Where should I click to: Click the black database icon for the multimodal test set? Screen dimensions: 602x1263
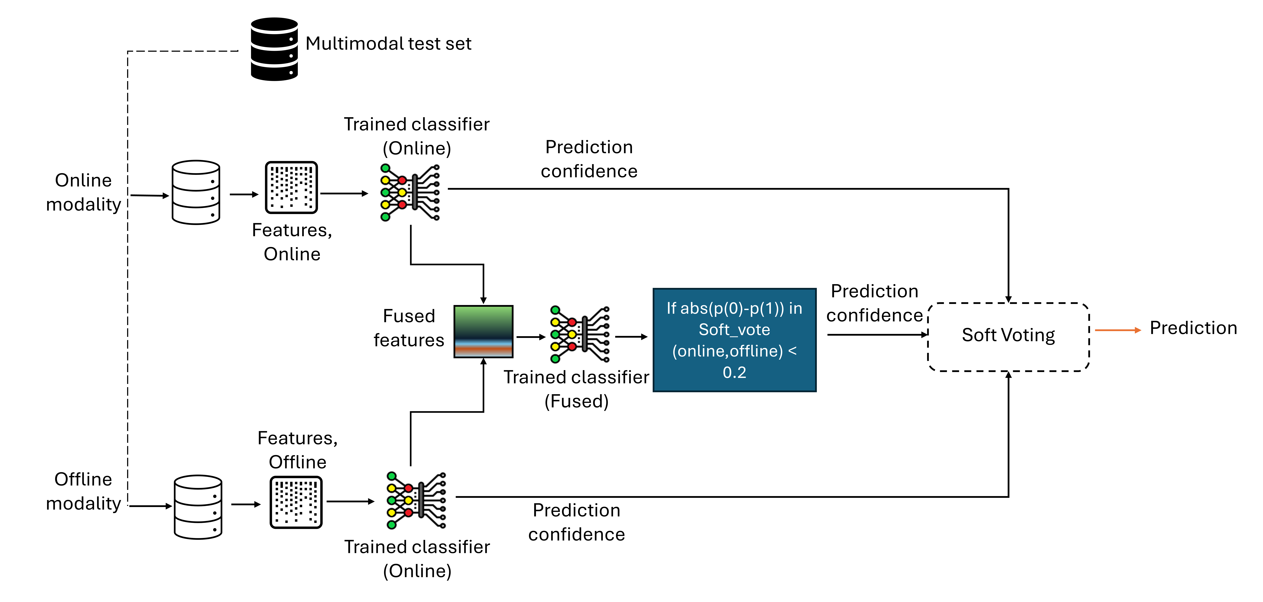click(274, 49)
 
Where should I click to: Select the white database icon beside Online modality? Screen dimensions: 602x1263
click(196, 192)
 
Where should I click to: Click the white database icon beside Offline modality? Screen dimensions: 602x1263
click(198, 507)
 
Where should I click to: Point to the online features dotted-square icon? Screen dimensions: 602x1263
click(291, 187)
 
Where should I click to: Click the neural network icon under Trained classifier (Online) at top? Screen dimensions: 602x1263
click(410, 193)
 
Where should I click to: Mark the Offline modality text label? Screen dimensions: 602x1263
click(83, 491)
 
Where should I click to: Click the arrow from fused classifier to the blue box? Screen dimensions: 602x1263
click(631, 337)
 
